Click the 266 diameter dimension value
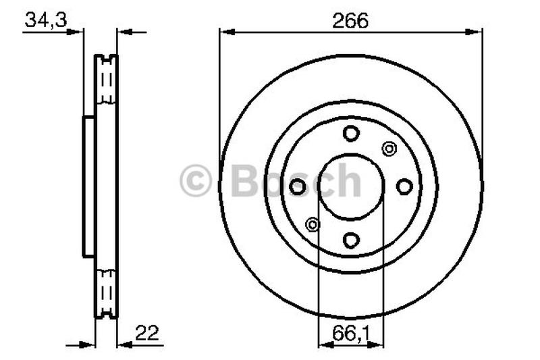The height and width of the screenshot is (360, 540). (350, 21)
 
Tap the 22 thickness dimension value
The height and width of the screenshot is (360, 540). (147, 333)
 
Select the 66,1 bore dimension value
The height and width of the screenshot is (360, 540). (351, 334)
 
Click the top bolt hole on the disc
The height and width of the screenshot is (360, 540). (351, 133)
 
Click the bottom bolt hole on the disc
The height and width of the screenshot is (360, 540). (351, 240)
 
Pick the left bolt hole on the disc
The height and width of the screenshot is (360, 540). (298, 186)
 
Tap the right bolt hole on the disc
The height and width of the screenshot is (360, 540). (404, 186)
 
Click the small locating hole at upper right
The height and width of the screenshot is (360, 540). (389, 149)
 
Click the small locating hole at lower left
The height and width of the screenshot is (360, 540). (313, 225)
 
